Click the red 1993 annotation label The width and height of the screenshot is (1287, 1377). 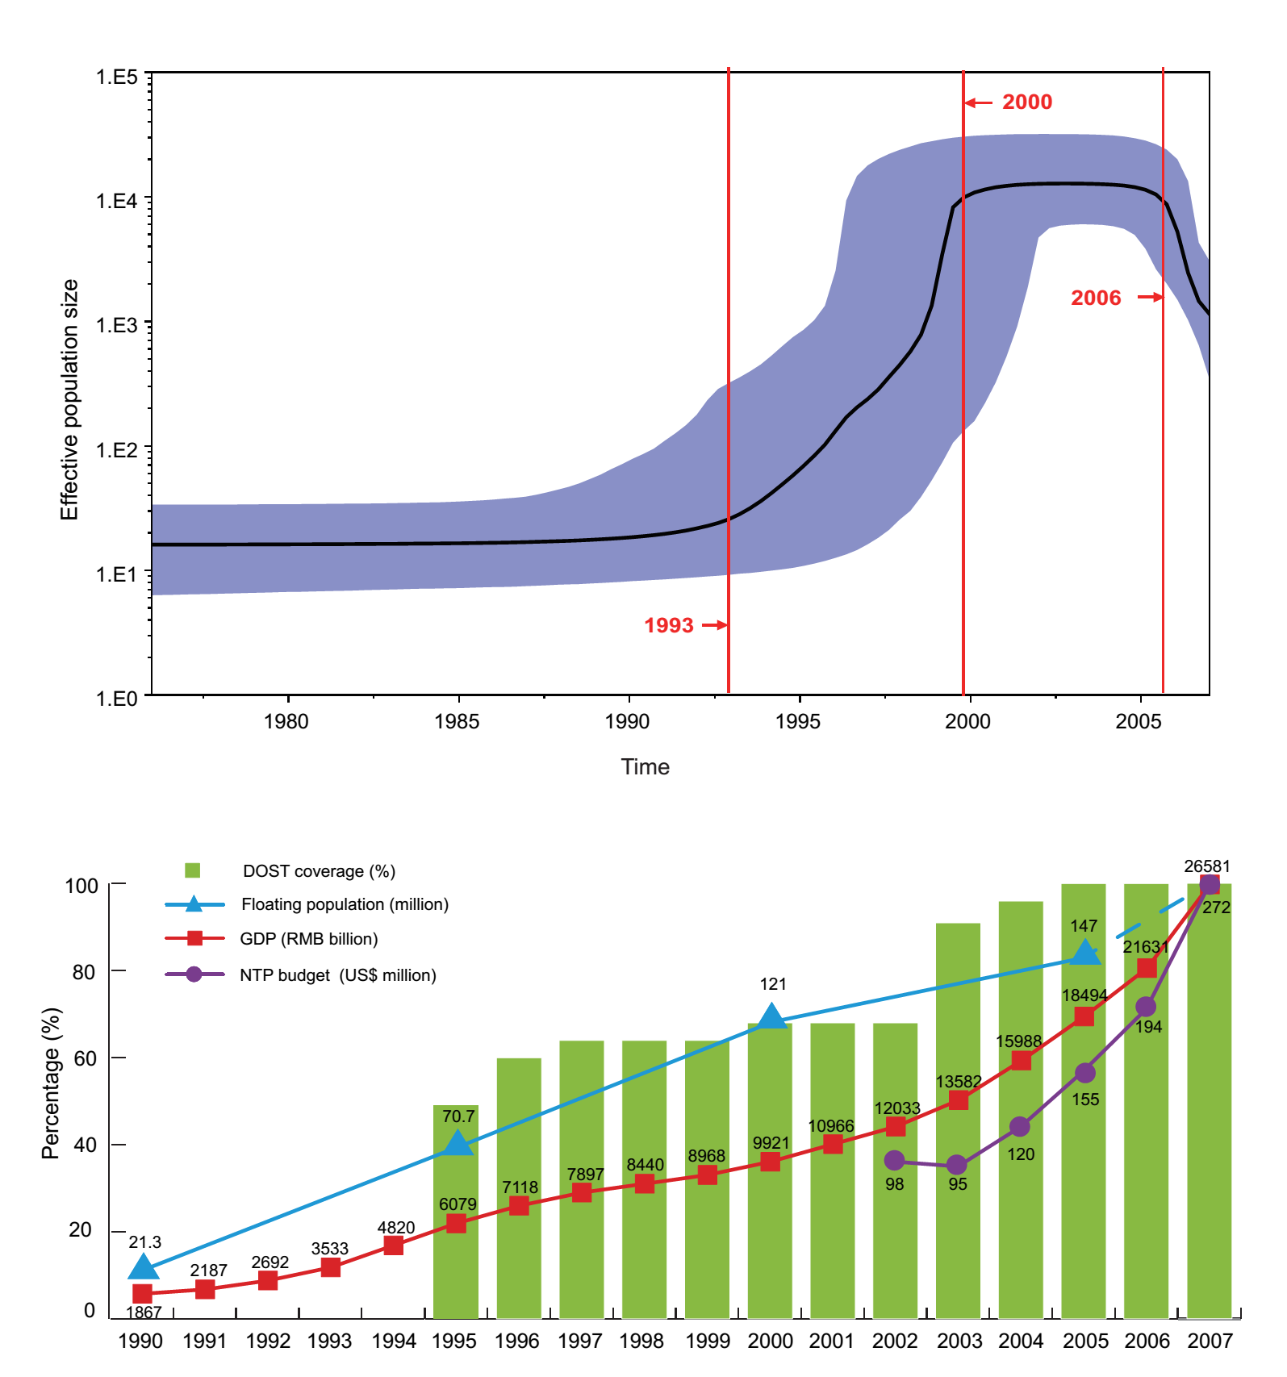click(668, 625)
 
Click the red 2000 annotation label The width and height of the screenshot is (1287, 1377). click(1026, 102)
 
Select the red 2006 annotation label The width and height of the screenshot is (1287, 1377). click(1095, 298)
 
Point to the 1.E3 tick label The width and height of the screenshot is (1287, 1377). click(117, 325)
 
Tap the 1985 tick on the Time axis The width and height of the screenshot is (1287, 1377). click(457, 721)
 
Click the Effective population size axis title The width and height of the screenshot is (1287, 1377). click(69, 399)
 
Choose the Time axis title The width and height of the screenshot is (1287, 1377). click(645, 766)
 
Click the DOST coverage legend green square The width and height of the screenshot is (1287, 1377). click(192, 870)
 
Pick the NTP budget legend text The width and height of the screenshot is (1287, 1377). click(337, 975)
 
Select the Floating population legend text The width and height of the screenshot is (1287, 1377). click(345, 904)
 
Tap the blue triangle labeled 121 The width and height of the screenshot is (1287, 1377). click(771, 1016)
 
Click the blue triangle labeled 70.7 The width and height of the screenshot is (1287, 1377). click(457, 1143)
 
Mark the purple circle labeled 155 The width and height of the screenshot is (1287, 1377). click(1085, 1073)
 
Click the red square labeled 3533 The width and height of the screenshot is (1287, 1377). click(330, 1267)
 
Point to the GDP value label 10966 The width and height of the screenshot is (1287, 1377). click(831, 1126)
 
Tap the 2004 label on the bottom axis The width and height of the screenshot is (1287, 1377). click(1021, 1341)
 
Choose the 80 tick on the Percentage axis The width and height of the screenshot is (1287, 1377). click(84, 971)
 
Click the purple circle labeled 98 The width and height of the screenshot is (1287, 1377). click(894, 1161)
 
